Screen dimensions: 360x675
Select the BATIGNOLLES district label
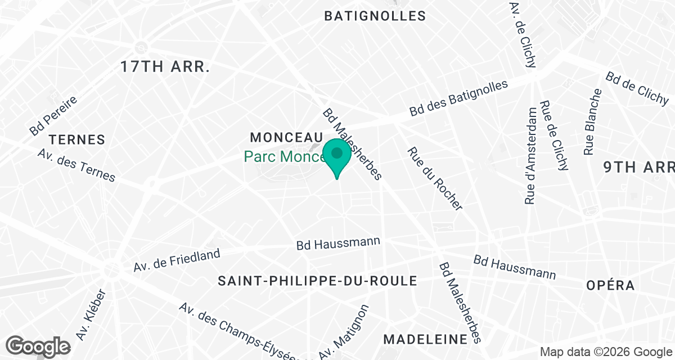click(375, 16)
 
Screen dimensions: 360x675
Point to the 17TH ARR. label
click(165, 67)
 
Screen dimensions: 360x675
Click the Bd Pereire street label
click(53, 115)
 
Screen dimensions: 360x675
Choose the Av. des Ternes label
click(76, 165)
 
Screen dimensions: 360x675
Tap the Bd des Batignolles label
click(458, 98)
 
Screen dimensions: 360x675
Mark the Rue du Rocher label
click(435, 178)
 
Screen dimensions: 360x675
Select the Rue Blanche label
click(589, 122)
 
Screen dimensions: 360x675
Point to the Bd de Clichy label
click(638, 89)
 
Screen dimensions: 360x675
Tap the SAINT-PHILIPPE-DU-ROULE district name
click(317, 281)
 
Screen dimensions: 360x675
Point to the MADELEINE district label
click(425, 339)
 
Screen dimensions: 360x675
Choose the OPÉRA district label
click(610, 285)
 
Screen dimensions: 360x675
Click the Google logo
click(39, 346)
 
